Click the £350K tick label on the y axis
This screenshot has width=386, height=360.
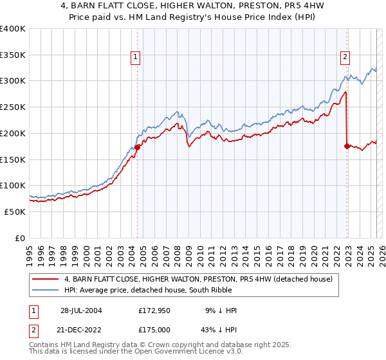point(13,55)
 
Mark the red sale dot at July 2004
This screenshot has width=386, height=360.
point(138,147)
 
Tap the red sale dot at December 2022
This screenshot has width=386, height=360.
point(347,146)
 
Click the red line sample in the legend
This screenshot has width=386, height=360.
point(46,279)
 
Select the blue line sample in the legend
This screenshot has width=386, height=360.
point(46,291)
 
